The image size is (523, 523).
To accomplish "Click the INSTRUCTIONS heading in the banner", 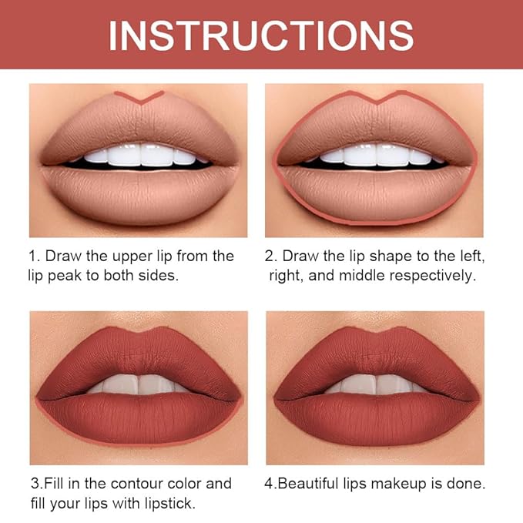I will pos(261,35).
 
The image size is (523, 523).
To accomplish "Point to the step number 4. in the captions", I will pos(271,484).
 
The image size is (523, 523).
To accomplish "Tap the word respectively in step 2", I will pos(442,275).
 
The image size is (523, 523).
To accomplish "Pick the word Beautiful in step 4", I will pos(309,484).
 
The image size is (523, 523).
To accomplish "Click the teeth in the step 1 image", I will pos(139,155).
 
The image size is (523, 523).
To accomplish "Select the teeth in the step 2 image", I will pos(376,155).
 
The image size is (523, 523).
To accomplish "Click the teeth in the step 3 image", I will pos(139,384).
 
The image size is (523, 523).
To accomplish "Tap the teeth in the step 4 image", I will pos(376,384).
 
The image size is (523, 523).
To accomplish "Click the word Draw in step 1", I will pos(62,256).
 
